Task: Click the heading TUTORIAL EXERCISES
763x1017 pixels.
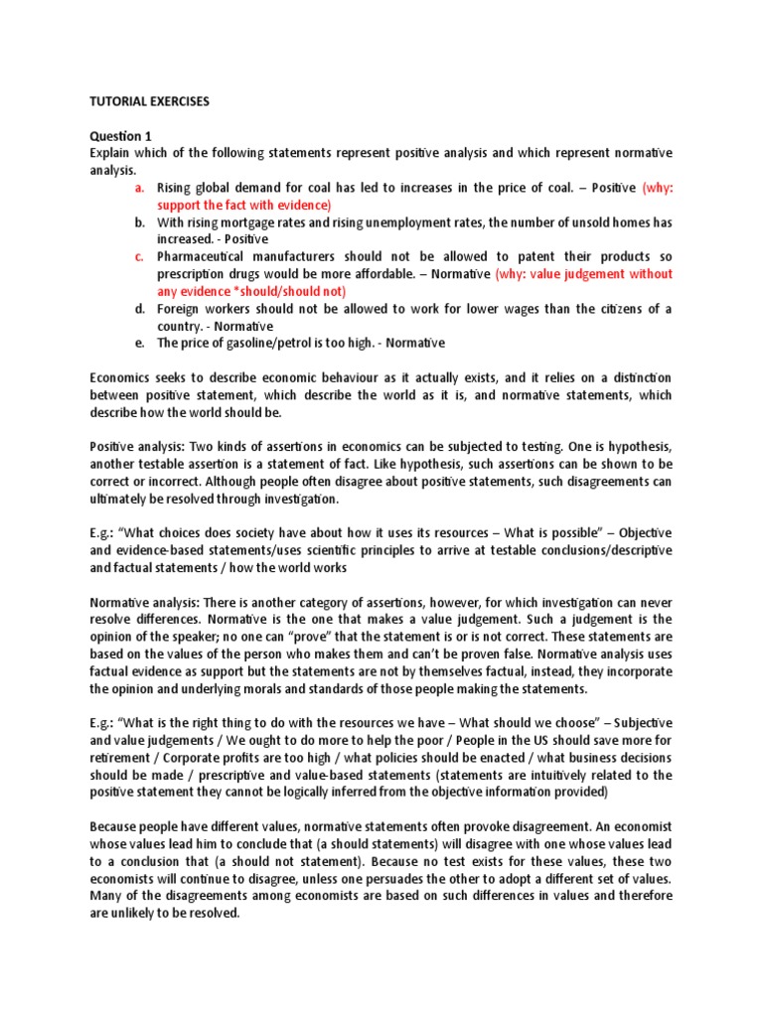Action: coord(150,101)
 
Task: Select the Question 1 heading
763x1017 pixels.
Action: coord(121,135)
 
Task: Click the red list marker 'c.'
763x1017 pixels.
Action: coord(140,256)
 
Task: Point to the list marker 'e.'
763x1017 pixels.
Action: coord(140,343)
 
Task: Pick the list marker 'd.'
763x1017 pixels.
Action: coord(140,308)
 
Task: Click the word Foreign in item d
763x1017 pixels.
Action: coord(181,308)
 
